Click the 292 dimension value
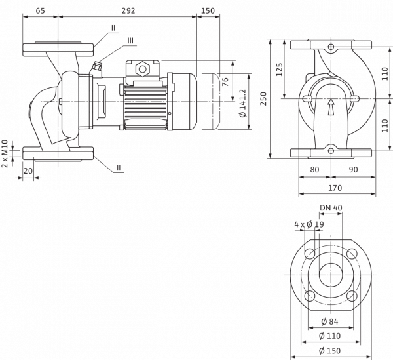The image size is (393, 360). click(128, 10)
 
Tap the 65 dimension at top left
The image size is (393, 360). click(40, 10)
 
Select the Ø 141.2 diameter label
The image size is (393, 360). click(244, 104)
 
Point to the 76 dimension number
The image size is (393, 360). click(225, 81)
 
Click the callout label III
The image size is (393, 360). click(130, 41)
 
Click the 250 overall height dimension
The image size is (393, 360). click(263, 98)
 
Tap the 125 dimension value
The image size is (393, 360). click(279, 70)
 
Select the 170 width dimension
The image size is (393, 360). click(335, 188)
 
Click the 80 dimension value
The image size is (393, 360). click(314, 170)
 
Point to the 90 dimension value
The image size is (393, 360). click(354, 170)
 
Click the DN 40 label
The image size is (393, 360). click(331, 207)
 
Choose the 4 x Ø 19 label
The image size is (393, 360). click(309, 224)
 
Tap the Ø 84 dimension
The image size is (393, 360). click(329, 321)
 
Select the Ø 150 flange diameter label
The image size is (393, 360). click(329, 350)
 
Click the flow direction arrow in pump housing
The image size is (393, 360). click(331, 107)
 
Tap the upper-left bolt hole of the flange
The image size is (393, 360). click(310, 254)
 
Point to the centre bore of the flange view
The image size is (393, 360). click(331, 275)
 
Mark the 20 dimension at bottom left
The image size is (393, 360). click(28, 171)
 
